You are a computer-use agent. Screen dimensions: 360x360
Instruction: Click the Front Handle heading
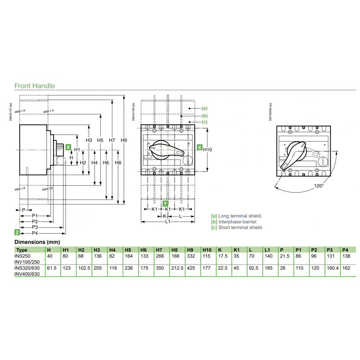[35, 85]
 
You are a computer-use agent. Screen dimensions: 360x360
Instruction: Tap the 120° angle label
[319, 185]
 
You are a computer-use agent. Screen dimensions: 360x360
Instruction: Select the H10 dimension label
[207, 149]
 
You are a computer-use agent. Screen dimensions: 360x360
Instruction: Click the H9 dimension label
[124, 140]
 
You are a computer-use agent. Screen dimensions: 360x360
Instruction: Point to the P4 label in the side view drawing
[35, 233]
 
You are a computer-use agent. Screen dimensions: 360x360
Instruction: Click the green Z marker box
[17, 232]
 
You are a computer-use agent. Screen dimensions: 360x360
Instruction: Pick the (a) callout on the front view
[204, 108]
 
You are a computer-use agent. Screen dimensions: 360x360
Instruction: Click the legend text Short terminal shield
[241, 228]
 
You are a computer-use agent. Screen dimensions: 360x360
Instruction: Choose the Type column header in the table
[22, 250]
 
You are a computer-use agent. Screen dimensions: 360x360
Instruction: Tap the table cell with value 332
[189, 256]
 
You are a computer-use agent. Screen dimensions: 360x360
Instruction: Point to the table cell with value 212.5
[177, 267]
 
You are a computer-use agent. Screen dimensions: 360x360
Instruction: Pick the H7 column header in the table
[159, 250]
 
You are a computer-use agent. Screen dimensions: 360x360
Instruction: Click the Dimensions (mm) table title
[38, 242]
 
